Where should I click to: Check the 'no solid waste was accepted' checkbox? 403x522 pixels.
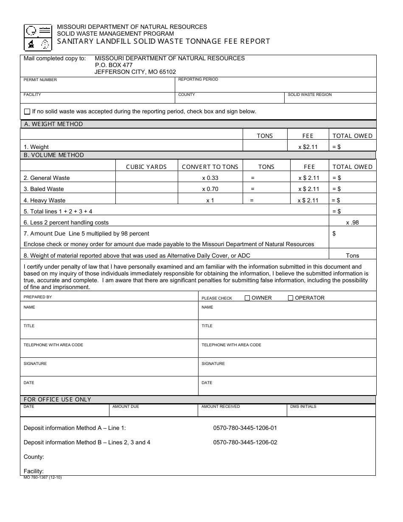(x=27, y=112)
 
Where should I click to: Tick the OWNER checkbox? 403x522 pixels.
(x=247, y=298)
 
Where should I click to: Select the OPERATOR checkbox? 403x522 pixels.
(x=291, y=298)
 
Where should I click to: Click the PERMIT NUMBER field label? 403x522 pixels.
(x=40, y=80)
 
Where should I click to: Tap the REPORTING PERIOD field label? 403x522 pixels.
(x=198, y=79)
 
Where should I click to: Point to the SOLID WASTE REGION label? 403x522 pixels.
(x=310, y=95)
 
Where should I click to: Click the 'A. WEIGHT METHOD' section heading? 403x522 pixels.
(x=53, y=124)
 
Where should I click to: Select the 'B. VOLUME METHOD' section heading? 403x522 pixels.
(x=54, y=155)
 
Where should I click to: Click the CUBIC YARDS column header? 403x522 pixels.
(x=146, y=167)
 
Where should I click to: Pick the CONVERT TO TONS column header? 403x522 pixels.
(x=210, y=167)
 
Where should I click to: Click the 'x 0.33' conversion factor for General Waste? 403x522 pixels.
(x=210, y=178)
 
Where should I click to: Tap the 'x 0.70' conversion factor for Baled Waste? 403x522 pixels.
(x=210, y=189)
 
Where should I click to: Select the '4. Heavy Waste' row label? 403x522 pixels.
(x=45, y=200)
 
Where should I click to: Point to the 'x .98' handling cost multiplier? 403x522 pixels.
(x=352, y=222)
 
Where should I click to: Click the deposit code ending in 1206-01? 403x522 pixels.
(x=245, y=428)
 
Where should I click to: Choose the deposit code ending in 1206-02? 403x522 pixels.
(x=245, y=442)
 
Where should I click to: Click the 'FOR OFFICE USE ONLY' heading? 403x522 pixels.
(x=57, y=399)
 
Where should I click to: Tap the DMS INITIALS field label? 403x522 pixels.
(x=303, y=407)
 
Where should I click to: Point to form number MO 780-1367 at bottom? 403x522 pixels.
(x=42, y=477)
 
